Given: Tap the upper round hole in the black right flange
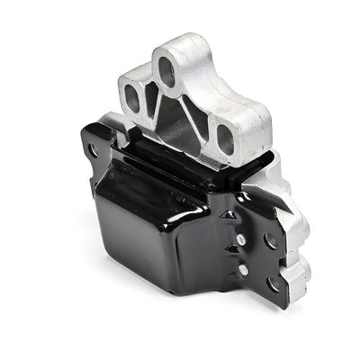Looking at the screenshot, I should [x=271, y=240].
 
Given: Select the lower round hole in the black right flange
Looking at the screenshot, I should [x=272, y=283].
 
